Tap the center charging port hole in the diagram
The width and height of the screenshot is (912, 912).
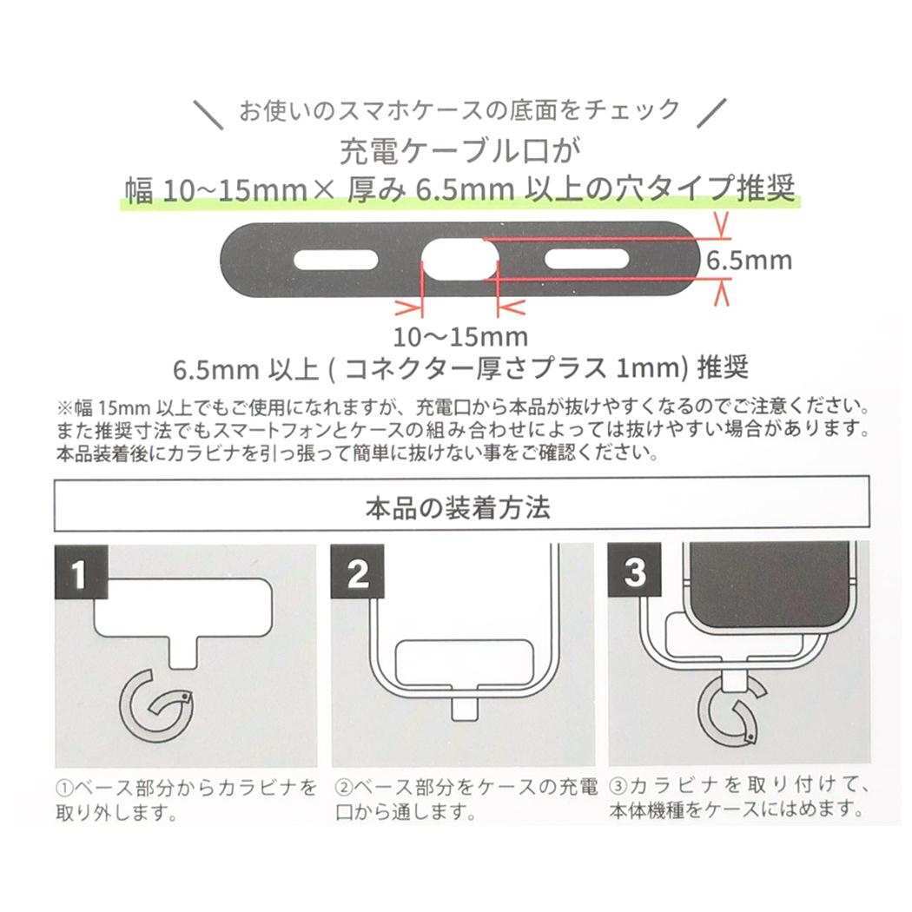pyautogui.click(x=459, y=260)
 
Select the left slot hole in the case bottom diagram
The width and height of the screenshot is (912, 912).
pyautogui.click(x=335, y=260)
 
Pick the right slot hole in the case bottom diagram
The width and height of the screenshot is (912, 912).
pyautogui.click(x=587, y=260)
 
